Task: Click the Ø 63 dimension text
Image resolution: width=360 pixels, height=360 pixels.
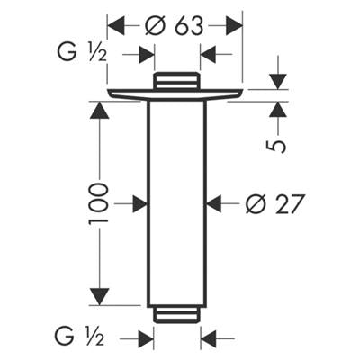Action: tap(174, 25)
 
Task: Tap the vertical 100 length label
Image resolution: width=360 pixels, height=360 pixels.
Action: tap(98, 203)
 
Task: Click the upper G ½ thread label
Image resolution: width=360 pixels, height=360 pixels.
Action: tap(82, 54)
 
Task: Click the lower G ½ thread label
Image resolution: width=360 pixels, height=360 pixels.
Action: tap(79, 337)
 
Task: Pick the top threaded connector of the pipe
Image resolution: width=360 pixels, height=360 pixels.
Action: tap(176, 80)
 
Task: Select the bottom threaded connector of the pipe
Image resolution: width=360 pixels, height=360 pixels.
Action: tap(176, 315)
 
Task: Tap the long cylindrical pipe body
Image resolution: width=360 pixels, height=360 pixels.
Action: tap(176, 204)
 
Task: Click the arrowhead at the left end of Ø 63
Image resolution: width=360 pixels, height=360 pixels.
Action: tap(115, 26)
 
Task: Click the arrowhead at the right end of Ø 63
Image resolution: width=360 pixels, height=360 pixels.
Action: tap(234, 26)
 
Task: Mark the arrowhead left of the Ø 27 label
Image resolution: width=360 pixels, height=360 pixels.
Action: tap(215, 204)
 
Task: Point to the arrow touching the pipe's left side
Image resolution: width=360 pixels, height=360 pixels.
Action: tap(139, 204)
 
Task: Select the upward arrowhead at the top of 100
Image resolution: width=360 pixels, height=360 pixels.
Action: tap(99, 110)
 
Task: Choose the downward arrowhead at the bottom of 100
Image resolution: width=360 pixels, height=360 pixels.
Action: tap(99, 297)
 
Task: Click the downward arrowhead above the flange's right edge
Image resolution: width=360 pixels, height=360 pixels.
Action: tap(278, 81)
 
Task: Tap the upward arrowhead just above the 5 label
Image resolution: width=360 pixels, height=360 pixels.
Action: tap(278, 110)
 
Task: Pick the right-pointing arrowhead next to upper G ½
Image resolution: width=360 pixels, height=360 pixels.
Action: tap(146, 55)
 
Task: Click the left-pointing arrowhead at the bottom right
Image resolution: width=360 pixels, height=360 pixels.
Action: tap(209, 338)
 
